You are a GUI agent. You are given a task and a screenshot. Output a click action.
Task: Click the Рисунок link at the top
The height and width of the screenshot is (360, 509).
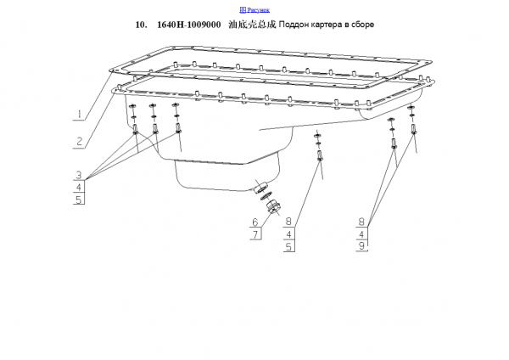pos(255,10)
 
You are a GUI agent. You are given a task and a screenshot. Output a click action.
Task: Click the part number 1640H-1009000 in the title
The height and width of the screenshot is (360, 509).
pos(189,25)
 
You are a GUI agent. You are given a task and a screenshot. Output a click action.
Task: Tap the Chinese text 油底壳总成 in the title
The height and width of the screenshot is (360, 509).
pos(252,25)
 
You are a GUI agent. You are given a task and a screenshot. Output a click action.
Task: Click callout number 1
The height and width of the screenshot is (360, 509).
pos(79,115)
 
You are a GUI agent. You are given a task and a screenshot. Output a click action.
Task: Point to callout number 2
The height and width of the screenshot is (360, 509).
pos(79,142)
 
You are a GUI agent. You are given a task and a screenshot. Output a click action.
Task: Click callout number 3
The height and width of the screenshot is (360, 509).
pos(79,175)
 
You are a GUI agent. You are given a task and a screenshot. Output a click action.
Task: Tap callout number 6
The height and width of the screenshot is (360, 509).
pos(255,222)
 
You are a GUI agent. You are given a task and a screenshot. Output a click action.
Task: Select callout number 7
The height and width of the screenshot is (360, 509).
pos(255,234)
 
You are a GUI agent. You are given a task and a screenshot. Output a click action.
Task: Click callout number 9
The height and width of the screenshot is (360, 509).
pos(362,245)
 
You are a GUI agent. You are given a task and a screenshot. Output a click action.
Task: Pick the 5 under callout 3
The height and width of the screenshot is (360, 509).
pos(79,200)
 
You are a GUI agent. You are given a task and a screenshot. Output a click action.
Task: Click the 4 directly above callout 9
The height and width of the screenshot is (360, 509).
pos(362,234)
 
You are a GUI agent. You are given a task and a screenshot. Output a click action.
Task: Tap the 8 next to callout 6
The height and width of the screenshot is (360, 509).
pos(288,222)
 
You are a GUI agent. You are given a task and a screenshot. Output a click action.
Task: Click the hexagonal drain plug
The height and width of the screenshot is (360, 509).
pos(273,207)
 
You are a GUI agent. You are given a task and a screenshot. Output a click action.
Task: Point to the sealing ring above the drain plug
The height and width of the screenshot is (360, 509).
pos(266,197)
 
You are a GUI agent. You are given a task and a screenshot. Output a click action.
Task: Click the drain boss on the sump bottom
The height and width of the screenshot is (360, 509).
pos(260,187)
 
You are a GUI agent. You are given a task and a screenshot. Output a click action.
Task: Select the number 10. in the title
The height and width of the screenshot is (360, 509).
pos(141,25)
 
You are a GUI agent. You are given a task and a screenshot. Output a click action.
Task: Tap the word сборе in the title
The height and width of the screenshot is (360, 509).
pos(362,25)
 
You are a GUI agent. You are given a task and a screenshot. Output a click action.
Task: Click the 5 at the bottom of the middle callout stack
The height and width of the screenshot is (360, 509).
pos(288,246)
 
